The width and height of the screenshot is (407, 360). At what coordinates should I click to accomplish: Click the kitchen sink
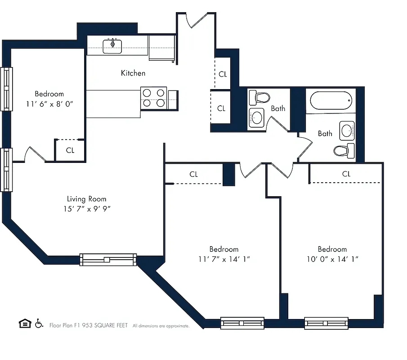tap(112, 45)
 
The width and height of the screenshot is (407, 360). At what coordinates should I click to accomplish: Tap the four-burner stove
tap(154, 98)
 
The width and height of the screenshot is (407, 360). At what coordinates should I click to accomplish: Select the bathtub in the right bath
tap(331, 100)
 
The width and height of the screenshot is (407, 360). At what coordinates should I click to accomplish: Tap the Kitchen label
tap(133, 73)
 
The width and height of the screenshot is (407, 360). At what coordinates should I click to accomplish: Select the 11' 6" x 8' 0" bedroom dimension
tap(49, 103)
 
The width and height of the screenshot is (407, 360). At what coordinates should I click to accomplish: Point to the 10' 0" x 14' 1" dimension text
tap(332, 259)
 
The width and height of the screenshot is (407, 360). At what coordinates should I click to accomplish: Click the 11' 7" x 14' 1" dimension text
tap(224, 259)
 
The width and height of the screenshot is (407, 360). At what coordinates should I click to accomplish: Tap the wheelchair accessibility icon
tap(39, 324)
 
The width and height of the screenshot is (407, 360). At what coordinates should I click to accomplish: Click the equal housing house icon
tap(24, 324)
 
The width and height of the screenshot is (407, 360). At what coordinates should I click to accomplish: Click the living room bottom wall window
tap(108, 260)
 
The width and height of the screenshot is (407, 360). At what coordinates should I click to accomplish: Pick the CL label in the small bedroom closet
tap(70, 150)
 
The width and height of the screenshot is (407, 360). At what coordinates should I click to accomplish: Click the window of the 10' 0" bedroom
tap(326, 323)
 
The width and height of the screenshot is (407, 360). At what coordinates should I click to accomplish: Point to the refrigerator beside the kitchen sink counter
tap(161, 48)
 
